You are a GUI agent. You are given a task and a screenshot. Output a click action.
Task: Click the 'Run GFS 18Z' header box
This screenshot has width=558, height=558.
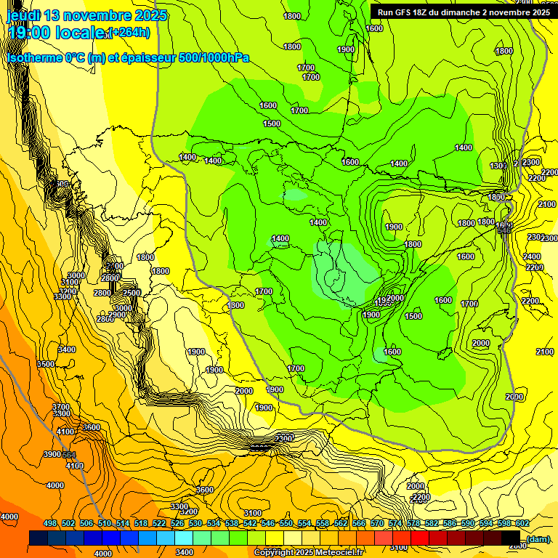(461, 12)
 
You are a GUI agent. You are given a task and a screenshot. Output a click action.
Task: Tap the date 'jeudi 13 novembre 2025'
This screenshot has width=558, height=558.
(87, 15)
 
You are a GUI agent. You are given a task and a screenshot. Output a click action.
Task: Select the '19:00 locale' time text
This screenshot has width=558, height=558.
(55, 33)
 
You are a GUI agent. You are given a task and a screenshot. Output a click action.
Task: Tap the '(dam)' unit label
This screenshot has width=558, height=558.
(538, 538)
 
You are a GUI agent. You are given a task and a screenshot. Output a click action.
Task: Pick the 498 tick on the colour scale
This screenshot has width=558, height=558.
(50, 523)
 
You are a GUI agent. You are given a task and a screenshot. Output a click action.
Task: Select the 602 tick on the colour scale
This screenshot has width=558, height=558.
(522, 523)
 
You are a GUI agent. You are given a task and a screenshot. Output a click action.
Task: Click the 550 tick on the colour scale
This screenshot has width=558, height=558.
(286, 523)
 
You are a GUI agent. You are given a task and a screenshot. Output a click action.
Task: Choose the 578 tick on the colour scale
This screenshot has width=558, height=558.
(413, 523)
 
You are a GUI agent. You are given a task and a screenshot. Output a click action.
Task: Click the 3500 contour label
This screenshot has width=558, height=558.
(46, 364)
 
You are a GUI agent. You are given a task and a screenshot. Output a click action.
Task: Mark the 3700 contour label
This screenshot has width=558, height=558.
(61, 407)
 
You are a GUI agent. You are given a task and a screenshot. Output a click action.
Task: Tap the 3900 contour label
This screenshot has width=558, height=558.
(52, 454)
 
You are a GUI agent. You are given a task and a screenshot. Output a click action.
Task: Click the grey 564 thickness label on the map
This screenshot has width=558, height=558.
(69, 454)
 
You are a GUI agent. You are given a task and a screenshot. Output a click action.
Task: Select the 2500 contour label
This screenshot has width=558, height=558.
(132, 293)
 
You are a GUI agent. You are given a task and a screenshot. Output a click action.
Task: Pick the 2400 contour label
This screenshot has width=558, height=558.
(532, 256)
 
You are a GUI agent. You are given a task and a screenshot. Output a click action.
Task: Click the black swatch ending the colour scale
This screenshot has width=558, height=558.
(511, 538)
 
